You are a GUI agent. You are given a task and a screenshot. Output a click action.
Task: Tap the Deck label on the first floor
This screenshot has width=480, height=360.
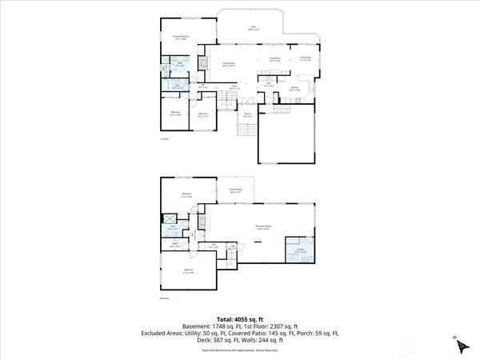pyautogui.click(x=254, y=27)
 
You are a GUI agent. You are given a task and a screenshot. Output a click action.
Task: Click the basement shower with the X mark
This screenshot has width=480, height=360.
pyautogui.click(x=170, y=219)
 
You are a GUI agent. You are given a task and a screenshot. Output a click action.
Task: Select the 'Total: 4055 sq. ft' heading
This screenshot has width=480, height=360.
pyautogui.click(x=239, y=318)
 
